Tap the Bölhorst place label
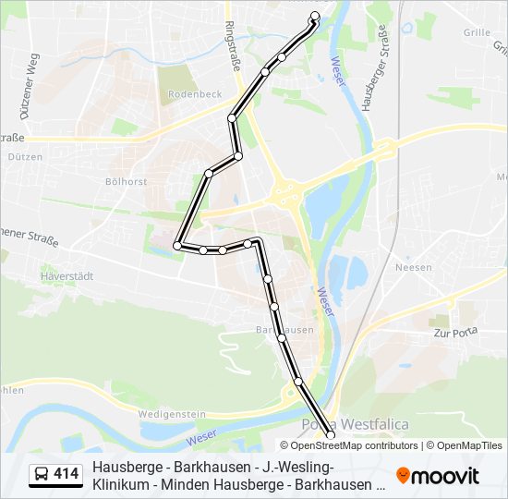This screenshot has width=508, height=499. [x=126, y=182]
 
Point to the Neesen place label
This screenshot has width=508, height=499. [x=413, y=268]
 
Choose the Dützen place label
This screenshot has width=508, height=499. [x=25, y=157]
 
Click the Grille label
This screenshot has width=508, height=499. [x=478, y=32]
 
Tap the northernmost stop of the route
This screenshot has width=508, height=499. [x=315, y=16]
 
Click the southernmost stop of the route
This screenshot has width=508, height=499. [x=331, y=434]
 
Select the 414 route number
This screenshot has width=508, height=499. [x=67, y=475]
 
